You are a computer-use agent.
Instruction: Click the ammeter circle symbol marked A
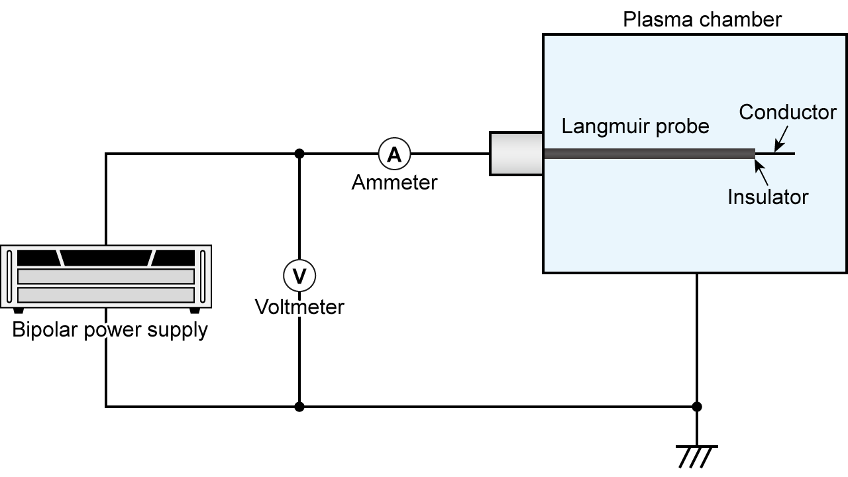pyautogui.click(x=394, y=154)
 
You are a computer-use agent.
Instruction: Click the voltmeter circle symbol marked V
pyautogui.click(x=299, y=276)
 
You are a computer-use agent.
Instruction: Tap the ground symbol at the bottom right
pyautogui.click(x=696, y=456)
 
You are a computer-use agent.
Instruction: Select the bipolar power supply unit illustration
pyautogui.click(x=105, y=277)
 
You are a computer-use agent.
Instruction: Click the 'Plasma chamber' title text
pyautogui.click(x=702, y=19)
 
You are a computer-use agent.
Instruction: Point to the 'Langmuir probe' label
pyautogui.click(x=635, y=126)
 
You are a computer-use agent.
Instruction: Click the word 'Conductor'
pyautogui.click(x=787, y=112)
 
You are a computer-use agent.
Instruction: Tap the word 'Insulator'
pyautogui.click(x=767, y=197)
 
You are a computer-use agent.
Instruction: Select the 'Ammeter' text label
pyautogui.click(x=394, y=182)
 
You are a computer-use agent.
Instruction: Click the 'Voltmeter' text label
pyautogui.click(x=299, y=307)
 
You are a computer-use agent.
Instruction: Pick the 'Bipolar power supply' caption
pyautogui.click(x=110, y=329)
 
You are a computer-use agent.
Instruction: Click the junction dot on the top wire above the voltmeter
pyautogui.click(x=299, y=154)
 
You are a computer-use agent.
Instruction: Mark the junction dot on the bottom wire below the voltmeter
pyautogui.click(x=299, y=407)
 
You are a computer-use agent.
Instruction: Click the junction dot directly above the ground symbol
pyautogui.click(x=696, y=407)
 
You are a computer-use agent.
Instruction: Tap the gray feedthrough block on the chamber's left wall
pyautogui.click(x=516, y=154)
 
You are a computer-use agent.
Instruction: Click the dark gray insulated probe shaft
pyautogui.click(x=649, y=154)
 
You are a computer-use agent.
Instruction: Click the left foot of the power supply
pyautogui.click(x=18, y=310)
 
